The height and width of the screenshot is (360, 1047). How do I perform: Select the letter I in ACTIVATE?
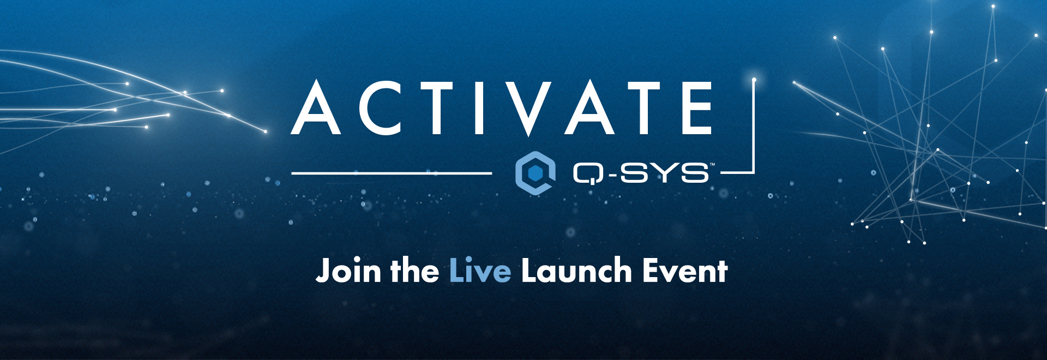480,108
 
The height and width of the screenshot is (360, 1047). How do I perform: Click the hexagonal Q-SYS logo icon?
535,173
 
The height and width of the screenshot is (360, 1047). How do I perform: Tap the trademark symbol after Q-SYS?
712,164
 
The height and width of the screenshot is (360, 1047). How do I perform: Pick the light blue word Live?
480,271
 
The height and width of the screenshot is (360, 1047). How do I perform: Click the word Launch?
576,271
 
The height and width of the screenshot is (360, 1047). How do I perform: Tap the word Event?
685,271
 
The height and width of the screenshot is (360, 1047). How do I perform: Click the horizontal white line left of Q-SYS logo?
392,173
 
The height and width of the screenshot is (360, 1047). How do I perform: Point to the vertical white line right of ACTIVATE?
754,127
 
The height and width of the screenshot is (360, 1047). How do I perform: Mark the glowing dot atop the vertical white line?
754,80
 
